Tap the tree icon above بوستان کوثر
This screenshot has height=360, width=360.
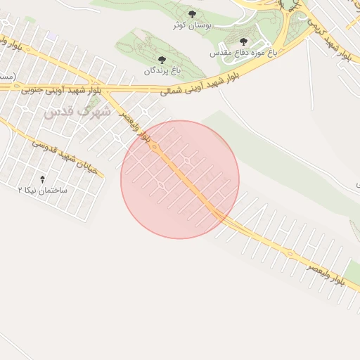tap(193, 13)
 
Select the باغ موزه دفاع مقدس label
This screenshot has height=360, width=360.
tap(243, 53)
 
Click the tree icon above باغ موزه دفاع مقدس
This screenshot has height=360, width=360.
tap(244, 42)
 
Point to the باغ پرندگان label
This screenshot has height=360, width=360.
tap(163, 71)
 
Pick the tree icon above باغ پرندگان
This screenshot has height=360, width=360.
tap(162, 60)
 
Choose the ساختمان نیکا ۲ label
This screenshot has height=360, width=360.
tap(43, 190)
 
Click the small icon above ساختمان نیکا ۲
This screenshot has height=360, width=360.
tap(42, 179)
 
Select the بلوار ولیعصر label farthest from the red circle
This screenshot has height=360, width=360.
tap(324, 273)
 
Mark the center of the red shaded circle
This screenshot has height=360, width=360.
tap(180, 179)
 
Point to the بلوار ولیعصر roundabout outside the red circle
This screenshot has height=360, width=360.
tap(289, 253)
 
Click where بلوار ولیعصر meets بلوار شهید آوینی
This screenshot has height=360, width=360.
tap(109, 89)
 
